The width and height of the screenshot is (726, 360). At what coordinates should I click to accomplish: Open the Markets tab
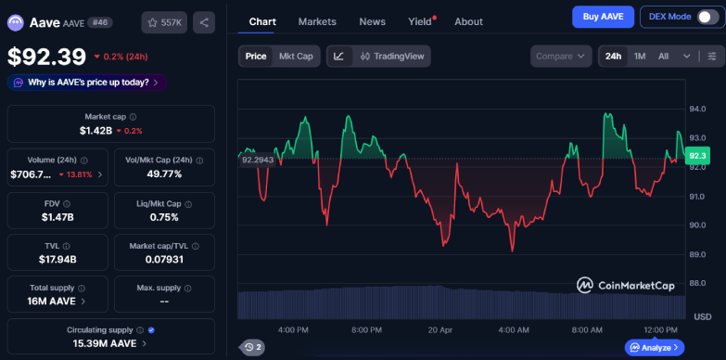pyautogui.click(x=317, y=21)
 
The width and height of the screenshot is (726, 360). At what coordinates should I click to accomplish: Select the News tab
pyautogui.click(x=372, y=21)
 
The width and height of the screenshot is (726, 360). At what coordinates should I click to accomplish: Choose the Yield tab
pyautogui.click(x=420, y=21)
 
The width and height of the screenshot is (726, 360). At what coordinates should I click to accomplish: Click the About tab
pyautogui.click(x=468, y=21)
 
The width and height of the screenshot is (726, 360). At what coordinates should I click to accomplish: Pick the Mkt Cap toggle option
pyautogui.click(x=296, y=57)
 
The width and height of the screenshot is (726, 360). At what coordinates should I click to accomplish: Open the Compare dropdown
pyautogui.click(x=562, y=57)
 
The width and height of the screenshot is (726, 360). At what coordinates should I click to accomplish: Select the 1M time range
pyautogui.click(x=640, y=57)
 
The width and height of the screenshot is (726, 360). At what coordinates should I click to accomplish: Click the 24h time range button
pyautogui.click(x=613, y=57)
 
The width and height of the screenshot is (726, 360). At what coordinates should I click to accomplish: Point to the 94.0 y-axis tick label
pyautogui.click(x=697, y=109)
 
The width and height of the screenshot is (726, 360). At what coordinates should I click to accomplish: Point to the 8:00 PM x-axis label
pyautogui.click(x=367, y=329)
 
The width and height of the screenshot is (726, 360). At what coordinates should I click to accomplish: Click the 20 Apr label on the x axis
pyautogui.click(x=439, y=329)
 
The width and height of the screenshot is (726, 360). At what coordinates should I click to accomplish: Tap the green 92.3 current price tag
pyautogui.click(x=697, y=156)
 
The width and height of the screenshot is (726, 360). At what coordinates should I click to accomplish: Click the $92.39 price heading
pyautogui.click(x=47, y=57)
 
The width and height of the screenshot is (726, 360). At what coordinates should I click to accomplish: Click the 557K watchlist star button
pyautogui.click(x=164, y=21)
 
